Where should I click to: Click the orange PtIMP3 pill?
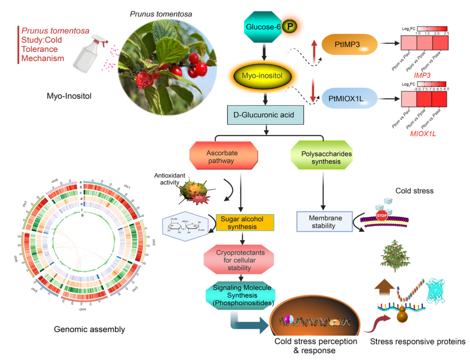pos(349,44)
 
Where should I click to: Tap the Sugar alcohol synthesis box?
pos(245,223)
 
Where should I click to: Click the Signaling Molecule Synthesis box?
pos(238,295)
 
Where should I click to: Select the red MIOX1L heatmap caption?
pos(423,133)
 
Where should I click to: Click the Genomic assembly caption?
pos(89,329)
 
